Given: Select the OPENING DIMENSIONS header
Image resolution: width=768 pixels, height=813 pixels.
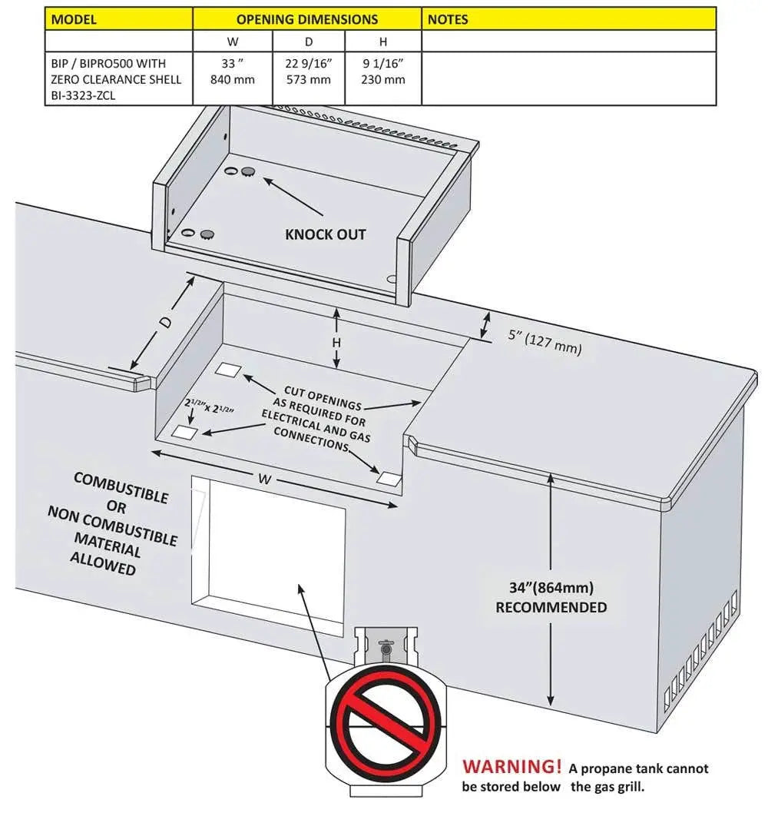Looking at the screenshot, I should (x=307, y=18).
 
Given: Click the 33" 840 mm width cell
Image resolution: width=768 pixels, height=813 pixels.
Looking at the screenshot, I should (x=232, y=71).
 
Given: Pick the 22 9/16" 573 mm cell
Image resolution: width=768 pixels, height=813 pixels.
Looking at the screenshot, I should (x=308, y=71).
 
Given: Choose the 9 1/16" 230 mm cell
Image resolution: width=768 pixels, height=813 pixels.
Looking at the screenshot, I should (x=383, y=71).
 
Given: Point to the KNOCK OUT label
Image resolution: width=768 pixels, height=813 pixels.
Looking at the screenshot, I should (x=326, y=234).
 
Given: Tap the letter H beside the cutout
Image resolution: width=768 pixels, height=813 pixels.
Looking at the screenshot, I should (x=336, y=342).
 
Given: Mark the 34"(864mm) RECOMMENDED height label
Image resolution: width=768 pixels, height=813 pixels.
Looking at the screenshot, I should (x=551, y=597).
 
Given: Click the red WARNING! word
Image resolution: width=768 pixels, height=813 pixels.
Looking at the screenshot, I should (x=512, y=766).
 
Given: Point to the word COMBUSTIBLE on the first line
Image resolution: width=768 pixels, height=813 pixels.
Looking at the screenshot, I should (x=121, y=487).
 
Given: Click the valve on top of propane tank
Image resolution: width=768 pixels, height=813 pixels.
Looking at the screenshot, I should (x=387, y=648).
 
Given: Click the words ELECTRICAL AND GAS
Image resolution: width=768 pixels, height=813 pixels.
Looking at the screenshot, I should (x=316, y=425).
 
